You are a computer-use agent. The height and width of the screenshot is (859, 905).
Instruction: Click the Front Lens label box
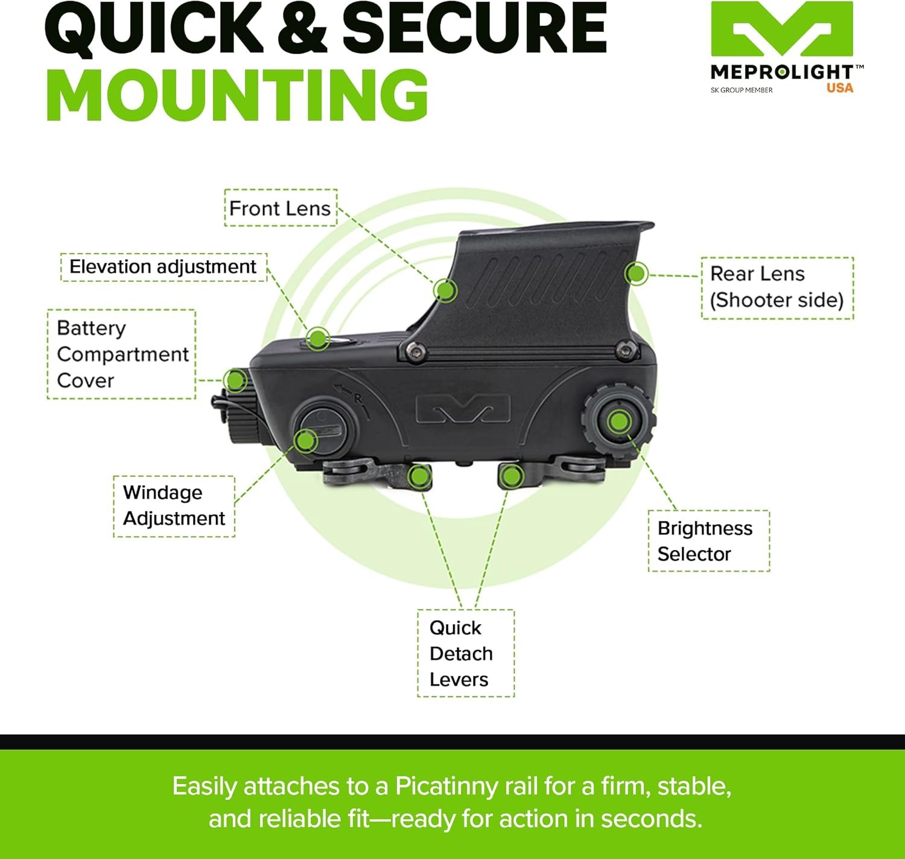pos(281,208)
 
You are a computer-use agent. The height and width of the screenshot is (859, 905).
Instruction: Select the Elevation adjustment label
pos(163,267)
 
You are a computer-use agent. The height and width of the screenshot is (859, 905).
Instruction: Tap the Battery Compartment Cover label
pos(121,354)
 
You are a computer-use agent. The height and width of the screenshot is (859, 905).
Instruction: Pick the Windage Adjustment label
pos(174,506)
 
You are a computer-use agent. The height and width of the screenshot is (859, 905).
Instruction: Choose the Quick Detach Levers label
pos(465,653)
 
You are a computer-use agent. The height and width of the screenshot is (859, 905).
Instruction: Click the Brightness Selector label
pos(708,541)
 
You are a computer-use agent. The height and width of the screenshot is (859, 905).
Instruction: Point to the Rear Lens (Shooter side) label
pos(776,287)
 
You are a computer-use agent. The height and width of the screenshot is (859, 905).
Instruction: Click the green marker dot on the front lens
pos(445,291)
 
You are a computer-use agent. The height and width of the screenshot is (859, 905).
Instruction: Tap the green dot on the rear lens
pos(636,273)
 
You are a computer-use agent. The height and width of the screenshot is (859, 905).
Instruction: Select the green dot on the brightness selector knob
pos(618,421)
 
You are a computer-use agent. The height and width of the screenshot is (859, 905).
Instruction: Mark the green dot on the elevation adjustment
pos(317,339)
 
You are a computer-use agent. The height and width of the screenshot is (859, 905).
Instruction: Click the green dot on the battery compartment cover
pos(234,381)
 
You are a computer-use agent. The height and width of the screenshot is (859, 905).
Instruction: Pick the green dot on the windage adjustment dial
pos(306,441)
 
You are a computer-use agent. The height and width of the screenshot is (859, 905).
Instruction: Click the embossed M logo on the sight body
pos(463,409)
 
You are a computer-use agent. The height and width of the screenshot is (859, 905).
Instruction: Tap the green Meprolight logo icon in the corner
pos(781,30)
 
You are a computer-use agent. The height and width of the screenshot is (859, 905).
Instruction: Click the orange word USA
pos(840,88)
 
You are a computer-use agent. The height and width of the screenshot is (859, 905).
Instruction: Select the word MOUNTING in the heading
pos(237,95)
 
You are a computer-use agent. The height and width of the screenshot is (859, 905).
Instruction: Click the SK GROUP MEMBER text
pos(741,90)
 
